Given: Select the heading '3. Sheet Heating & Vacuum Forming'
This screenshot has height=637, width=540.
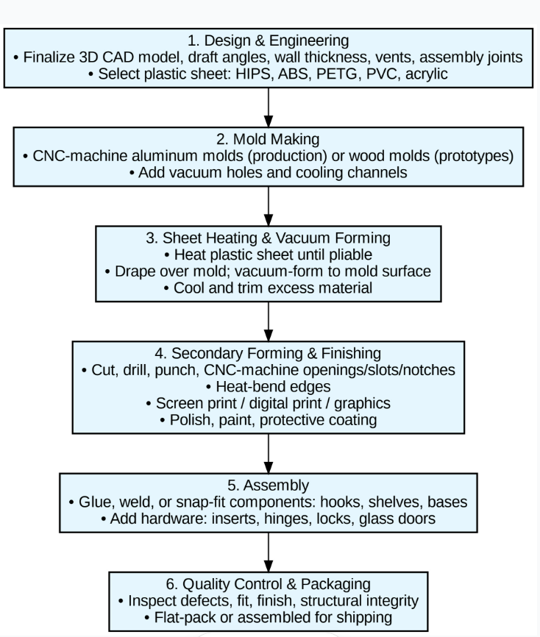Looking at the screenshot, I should (269, 239).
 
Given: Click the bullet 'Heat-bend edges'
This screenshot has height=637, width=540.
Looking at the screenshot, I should (269, 387).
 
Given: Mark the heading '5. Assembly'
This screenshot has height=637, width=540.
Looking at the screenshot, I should (269, 485).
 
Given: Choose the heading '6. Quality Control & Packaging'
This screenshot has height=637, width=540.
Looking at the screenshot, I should (269, 584).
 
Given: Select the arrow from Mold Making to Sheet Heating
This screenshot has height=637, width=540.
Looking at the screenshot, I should (269, 205).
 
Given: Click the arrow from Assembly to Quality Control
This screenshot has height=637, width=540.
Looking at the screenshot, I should (269, 550).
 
